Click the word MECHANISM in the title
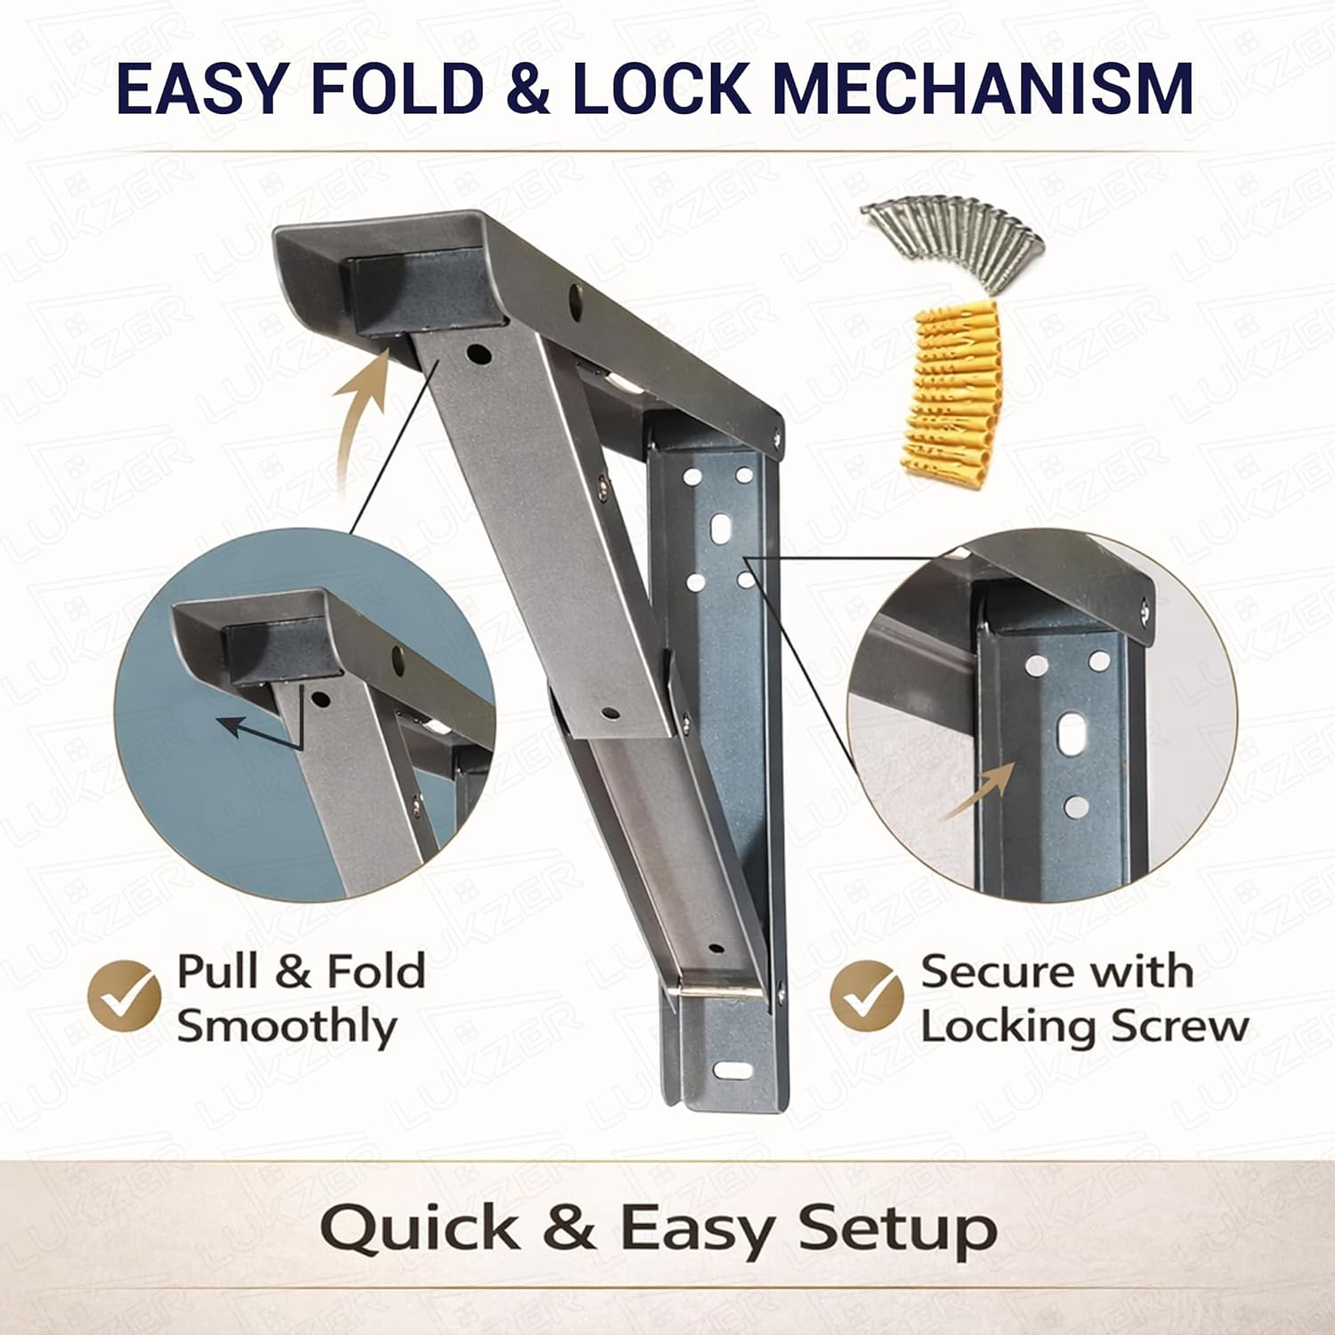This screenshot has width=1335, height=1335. point(983,88)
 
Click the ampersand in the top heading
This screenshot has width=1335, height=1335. point(531,88)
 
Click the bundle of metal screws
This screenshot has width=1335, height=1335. point(952,240)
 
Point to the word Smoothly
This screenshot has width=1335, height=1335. point(287,1027)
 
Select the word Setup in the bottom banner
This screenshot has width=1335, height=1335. point(896,1229)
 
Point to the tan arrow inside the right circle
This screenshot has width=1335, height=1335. point(977,789)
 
